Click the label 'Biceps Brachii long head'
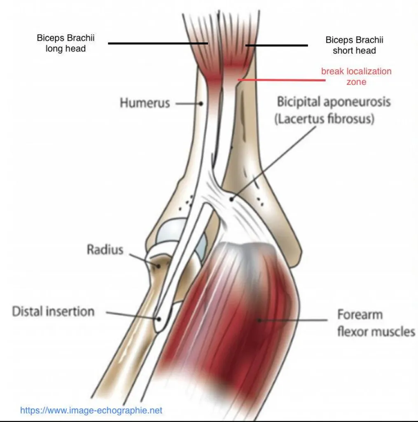65,43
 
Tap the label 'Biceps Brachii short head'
354,45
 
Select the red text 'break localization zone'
356,76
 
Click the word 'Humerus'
145,103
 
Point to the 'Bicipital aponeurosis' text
334,102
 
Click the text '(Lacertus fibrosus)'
325,119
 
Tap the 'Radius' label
105,249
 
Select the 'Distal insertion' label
53,312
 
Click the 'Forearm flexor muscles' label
376,323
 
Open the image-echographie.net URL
91,410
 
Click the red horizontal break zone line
282,80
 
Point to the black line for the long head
158,43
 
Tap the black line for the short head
276,45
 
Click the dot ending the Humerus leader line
201,103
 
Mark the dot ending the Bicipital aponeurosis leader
231,199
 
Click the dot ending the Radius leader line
159,266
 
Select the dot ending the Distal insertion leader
159,319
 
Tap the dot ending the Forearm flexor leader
259,320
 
